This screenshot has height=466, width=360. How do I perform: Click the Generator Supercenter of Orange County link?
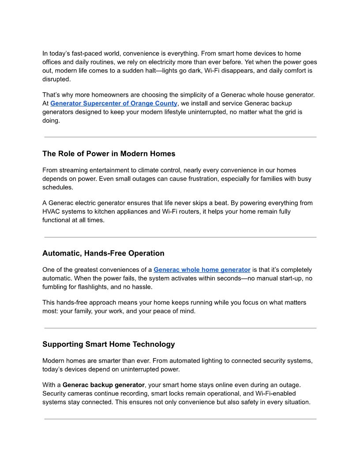pyautogui.click(x=114, y=103)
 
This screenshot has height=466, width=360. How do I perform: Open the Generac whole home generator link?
pyautogui.click(x=202, y=270)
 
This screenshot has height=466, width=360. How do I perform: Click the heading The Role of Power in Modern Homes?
pyautogui.click(x=109, y=154)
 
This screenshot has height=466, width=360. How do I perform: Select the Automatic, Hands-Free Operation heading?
pyautogui.click(x=103, y=253)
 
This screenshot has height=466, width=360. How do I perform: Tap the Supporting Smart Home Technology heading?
pyautogui.click(x=109, y=344)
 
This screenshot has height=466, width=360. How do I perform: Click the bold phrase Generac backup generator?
pyautogui.click(x=104, y=385)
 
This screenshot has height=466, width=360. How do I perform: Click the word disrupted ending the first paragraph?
pyautogui.click(x=56, y=79)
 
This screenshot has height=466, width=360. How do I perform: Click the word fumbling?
pyautogui.click(x=56, y=287)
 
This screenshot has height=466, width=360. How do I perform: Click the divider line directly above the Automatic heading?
pyautogui.click(x=180, y=237)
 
